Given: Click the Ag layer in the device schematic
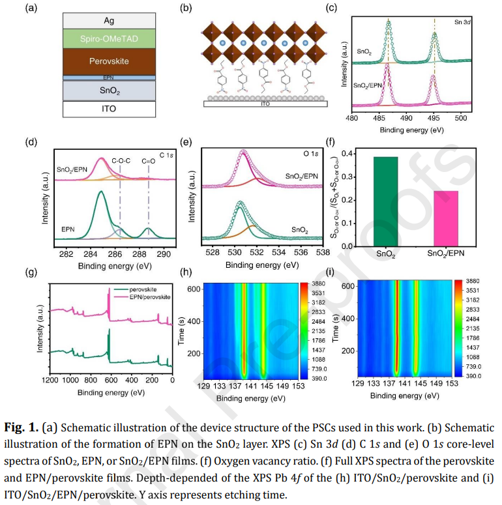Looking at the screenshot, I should tap(109, 20).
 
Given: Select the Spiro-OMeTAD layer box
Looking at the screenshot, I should tap(109, 39).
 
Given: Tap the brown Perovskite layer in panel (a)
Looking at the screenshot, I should tap(109, 61).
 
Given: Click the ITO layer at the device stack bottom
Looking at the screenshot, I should tap(109, 109).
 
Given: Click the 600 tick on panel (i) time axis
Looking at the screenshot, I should tap(347, 286).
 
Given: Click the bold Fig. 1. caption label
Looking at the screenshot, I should tap(26, 429).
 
